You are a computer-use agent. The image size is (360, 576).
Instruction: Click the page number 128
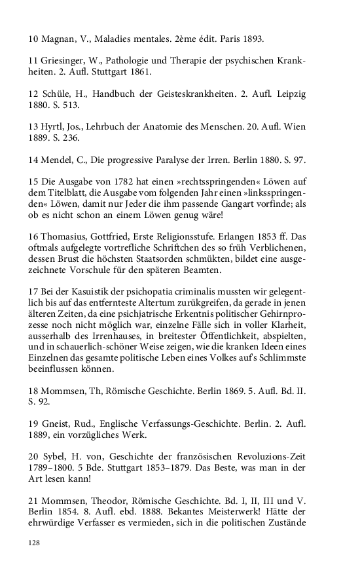[x=35, y=542]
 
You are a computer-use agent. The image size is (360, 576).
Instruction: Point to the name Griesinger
[x=69, y=61]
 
